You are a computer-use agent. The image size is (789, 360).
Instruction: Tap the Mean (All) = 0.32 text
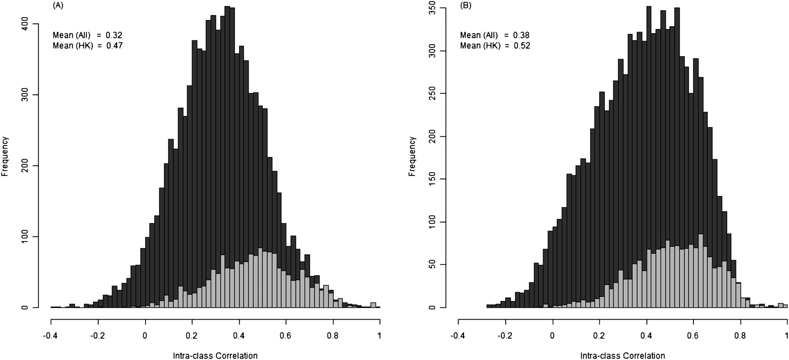tap(88, 35)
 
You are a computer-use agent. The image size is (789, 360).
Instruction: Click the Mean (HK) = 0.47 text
tap(88, 45)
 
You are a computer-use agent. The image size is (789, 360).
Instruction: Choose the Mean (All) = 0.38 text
tap(495, 35)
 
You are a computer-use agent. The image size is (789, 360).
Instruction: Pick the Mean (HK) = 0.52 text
tap(495, 45)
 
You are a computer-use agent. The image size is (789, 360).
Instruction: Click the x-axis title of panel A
tap(215, 356)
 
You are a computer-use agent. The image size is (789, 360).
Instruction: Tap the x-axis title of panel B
tap(622, 356)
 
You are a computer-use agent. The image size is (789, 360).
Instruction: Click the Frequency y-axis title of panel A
tap(5, 157)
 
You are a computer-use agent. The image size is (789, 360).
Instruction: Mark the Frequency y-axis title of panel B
tap(412, 157)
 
